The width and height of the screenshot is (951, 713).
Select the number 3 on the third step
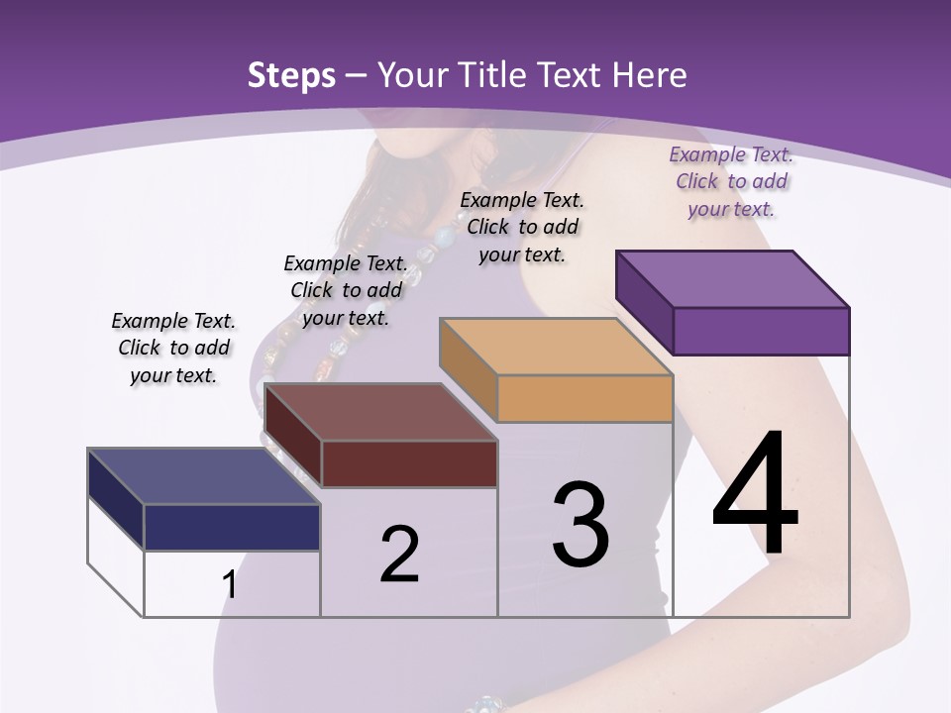click(x=581, y=525)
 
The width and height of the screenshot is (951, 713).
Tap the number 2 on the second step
click(x=399, y=554)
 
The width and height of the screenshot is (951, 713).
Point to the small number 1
click(x=230, y=584)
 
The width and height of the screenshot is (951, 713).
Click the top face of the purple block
click(x=732, y=278)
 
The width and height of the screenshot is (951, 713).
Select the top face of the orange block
click(x=556, y=347)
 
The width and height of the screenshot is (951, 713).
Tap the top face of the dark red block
click(x=380, y=412)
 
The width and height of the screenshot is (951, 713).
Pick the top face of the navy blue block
click(x=203, y=476)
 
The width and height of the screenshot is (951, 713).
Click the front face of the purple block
click(x=761, y=331)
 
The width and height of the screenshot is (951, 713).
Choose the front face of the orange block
click(x=584, y=398)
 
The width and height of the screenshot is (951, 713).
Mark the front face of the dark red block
click(x=409, y=463)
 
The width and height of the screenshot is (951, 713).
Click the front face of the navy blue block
click(x=232, y=527)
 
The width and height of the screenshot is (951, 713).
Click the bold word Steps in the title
click(x=291, y=75)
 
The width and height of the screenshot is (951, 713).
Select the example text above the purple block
click(x=731, y=181)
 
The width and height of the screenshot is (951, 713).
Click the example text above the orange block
click(x=522, y=227)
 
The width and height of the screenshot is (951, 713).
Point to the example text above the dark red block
click(x=346, y=290)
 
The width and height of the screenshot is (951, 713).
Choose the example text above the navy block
click(x=173, y=348)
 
